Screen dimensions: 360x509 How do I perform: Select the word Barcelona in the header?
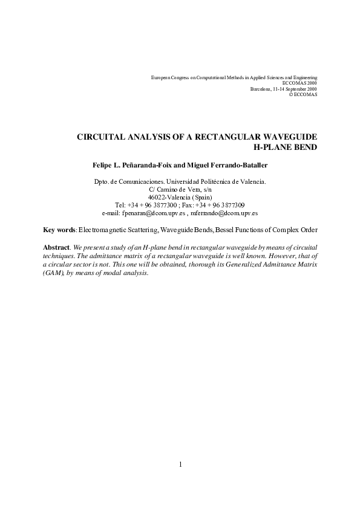point(261,89)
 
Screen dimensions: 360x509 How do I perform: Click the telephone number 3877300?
point(165,205)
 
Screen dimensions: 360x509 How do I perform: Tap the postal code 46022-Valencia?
point(171,197)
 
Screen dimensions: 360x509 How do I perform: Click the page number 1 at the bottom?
point(180,464)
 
